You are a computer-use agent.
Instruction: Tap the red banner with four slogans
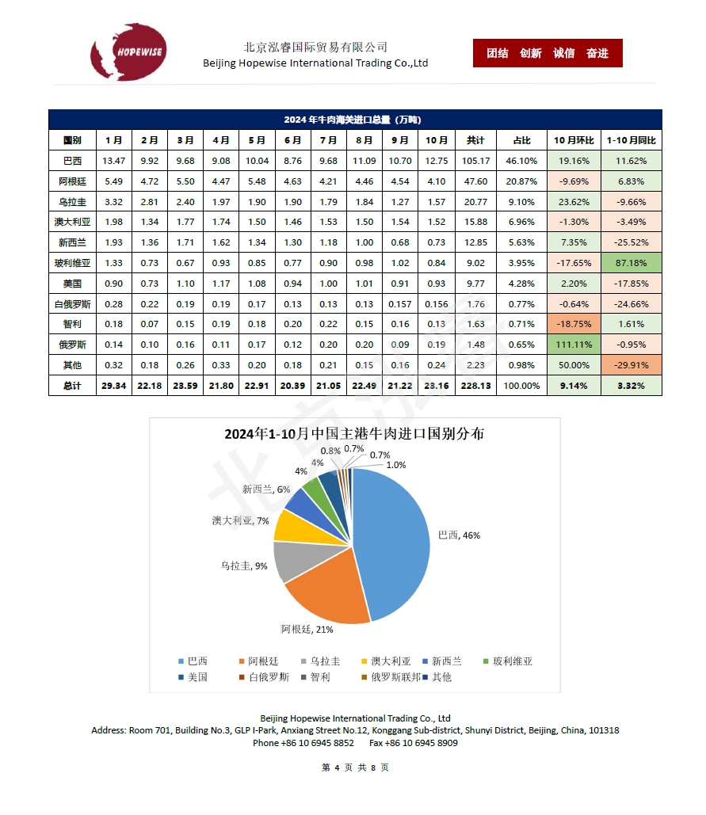548,53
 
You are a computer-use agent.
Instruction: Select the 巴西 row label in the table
72,161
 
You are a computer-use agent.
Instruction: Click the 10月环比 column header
574,140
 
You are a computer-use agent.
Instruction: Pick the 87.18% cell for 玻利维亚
632,261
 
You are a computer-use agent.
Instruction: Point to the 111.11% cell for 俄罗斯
574,345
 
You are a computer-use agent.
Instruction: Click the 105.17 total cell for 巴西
475,161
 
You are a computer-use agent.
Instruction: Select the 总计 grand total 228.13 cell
475,386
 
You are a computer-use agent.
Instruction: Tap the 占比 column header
522,140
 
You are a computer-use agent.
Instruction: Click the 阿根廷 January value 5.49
114,181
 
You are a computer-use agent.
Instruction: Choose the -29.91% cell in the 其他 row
632,365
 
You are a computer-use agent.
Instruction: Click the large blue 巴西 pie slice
392,539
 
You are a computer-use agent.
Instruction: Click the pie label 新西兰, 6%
266,489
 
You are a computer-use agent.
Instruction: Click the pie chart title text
354,434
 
